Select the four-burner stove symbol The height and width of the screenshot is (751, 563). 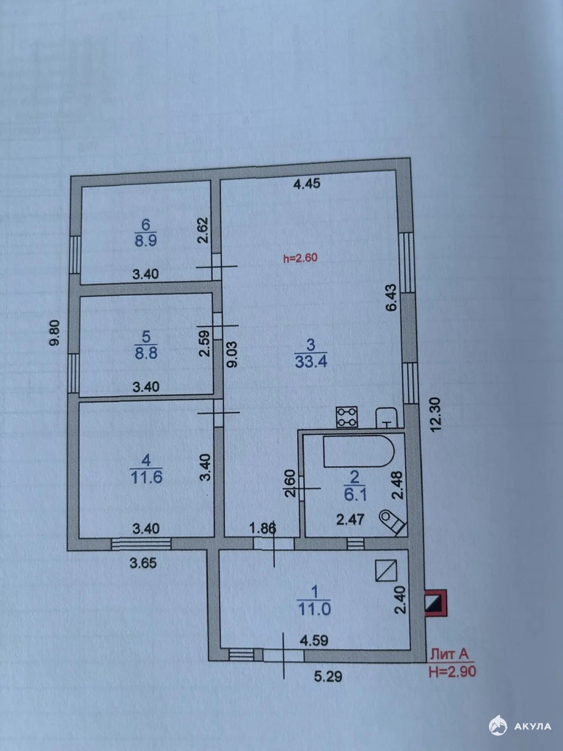(x=347, y=417)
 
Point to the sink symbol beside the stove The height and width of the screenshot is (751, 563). (x=386, y=418)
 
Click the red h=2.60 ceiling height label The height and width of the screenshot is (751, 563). (x=300, y=258)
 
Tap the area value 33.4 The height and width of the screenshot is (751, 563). (x=311, y=361)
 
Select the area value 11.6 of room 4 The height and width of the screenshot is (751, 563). (x=146, y=477)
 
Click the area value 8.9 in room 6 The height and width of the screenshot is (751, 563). (x=145, y=240)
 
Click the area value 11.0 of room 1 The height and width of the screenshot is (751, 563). (x=314, y=609)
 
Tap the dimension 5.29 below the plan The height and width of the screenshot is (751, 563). (x=328, y=676)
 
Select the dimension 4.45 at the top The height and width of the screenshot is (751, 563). (x=307, y=184)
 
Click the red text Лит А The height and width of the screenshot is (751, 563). (x=449, y=654)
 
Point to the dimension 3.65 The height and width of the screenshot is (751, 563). (x=143, y=563)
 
